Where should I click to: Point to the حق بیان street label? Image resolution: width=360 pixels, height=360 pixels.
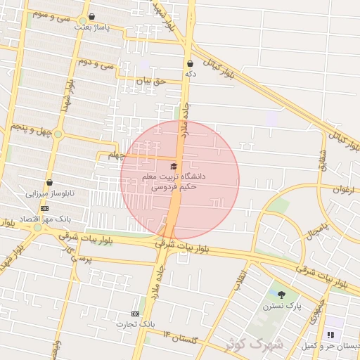[x=150, y=81]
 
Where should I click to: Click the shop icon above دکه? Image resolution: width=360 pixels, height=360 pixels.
[x=190, y=63]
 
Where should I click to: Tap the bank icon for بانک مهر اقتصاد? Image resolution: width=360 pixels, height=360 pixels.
[x=44, y=209]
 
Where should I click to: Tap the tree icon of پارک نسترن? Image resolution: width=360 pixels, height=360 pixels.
[x=282, y=295]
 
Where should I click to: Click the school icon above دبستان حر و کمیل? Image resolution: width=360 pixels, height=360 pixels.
[x=330, y=335]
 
